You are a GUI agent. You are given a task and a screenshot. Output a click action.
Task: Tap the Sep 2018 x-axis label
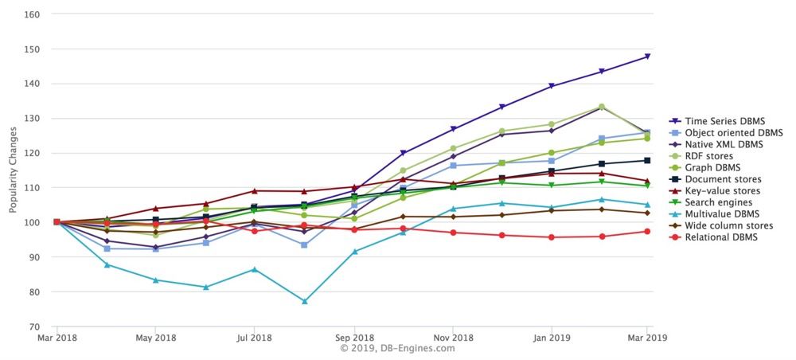tap(353, 338)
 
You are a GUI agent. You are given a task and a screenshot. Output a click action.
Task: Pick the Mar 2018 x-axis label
tap(56, 338)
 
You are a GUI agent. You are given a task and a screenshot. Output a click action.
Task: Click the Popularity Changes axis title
tap(14, 170)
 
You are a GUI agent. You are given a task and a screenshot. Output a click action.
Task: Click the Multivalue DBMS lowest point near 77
tap(304, 302)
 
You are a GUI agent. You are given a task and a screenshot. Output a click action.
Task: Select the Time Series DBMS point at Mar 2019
tap(648, 57)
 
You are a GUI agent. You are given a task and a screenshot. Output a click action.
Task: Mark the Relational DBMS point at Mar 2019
tap(648, 232)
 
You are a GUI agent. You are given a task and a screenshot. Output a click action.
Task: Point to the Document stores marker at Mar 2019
tap(648, 160)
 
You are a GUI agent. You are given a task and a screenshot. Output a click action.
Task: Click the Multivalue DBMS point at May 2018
tap(155, 280)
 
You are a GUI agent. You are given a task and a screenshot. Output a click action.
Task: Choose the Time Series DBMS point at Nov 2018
tap(452, 129)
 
